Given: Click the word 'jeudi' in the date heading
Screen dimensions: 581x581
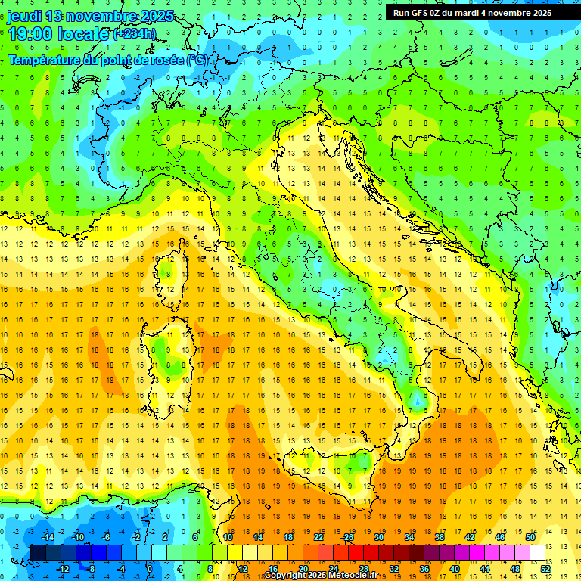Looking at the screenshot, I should point(24,16).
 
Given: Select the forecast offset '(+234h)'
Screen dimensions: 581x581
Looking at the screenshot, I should point(135,34).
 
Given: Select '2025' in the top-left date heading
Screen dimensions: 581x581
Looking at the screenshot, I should point(157,16).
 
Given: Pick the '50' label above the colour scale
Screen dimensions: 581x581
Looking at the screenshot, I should point(530,537).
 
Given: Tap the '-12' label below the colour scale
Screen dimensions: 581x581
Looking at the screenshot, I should point(63,568).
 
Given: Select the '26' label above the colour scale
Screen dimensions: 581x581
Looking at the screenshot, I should point(348,537).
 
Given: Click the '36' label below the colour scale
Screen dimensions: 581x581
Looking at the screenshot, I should point(425,568).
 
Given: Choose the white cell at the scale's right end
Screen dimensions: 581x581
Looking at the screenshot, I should point(537,552).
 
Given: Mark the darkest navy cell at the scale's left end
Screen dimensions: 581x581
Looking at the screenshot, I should point(38,552).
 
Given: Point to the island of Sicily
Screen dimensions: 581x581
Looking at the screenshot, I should point(333,473).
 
